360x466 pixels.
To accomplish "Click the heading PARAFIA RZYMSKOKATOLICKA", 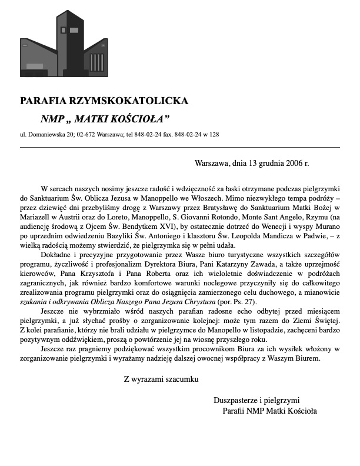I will pos(104,101).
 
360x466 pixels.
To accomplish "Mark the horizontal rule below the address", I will pos(179,147).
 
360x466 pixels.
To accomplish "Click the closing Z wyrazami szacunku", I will pos(161,379).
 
